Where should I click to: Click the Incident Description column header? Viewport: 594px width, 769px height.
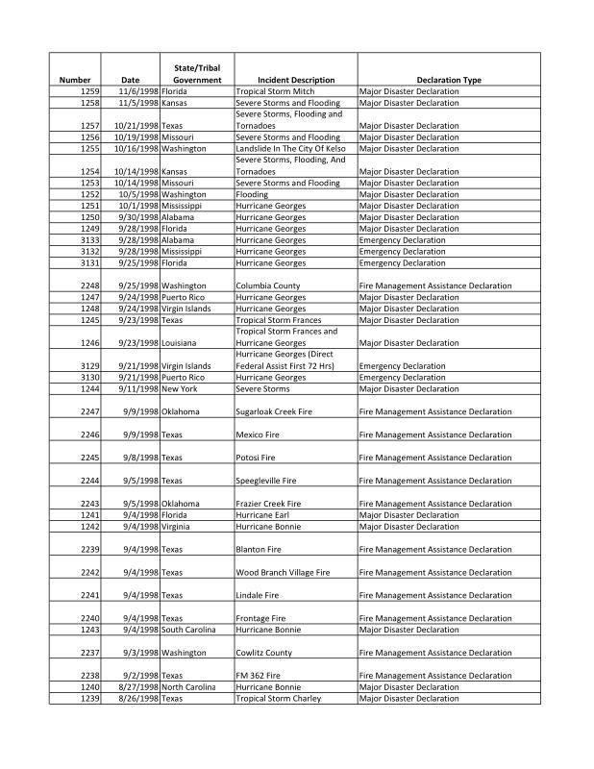pyautogui.click(x=296, y=80)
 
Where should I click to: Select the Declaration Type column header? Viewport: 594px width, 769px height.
pyautogui.click(x=449, y=80)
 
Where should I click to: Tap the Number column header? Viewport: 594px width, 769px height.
pyautogui.click(x=75, y=80)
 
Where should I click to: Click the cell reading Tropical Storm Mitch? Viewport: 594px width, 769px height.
pyautogui.click(x=275, y=91)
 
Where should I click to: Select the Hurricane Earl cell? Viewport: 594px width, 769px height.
pyautogui.click(x=267, y=515)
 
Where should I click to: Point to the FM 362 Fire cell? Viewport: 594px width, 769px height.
pyautogui.click(x=260, y=676)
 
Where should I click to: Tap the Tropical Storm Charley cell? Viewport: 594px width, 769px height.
pyautogui.click(x=279, y=699)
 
